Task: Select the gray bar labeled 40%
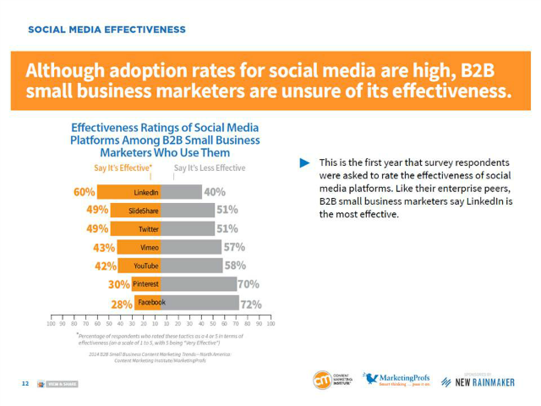point(180,192)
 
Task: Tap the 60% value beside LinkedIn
point(84,191)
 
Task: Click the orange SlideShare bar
point(132,211)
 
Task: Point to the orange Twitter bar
point(132,229)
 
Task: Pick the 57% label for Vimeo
point(234,247)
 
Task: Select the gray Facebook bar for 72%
point(199,303)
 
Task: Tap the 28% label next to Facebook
point(122,304)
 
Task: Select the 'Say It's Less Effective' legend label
point(210,167)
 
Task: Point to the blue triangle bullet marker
point(304,162)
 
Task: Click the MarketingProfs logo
point(397,380)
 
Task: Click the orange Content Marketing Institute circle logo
point(322,380)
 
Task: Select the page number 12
point(25,383)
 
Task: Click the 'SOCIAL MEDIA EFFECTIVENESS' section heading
point(107,30)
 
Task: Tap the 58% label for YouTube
point(235,266)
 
